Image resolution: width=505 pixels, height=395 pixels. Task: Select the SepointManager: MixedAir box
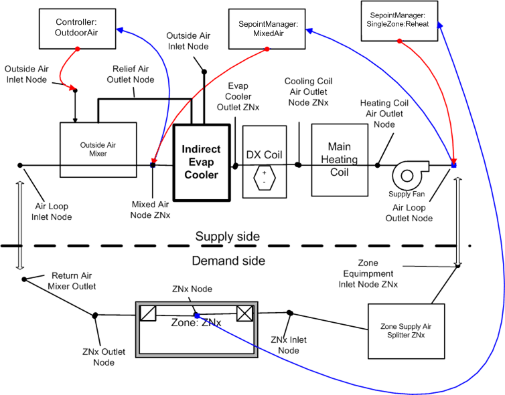[x=267, y=29]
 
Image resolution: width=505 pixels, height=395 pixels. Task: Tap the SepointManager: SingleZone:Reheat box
[x=399, y=19]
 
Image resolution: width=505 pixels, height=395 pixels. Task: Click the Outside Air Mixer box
[x=98, y=148]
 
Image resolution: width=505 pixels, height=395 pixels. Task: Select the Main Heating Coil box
[x=344, y=159]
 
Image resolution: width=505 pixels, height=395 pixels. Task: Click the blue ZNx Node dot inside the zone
[x=196, y=315]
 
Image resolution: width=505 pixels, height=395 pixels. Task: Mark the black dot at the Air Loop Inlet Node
[x=21, y=165]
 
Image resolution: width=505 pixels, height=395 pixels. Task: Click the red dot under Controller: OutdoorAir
[x=78, y=49]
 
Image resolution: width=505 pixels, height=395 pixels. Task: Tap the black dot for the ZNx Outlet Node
[x=96, y=314]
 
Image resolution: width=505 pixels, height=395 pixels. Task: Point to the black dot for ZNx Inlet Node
[x=289, y=313]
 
